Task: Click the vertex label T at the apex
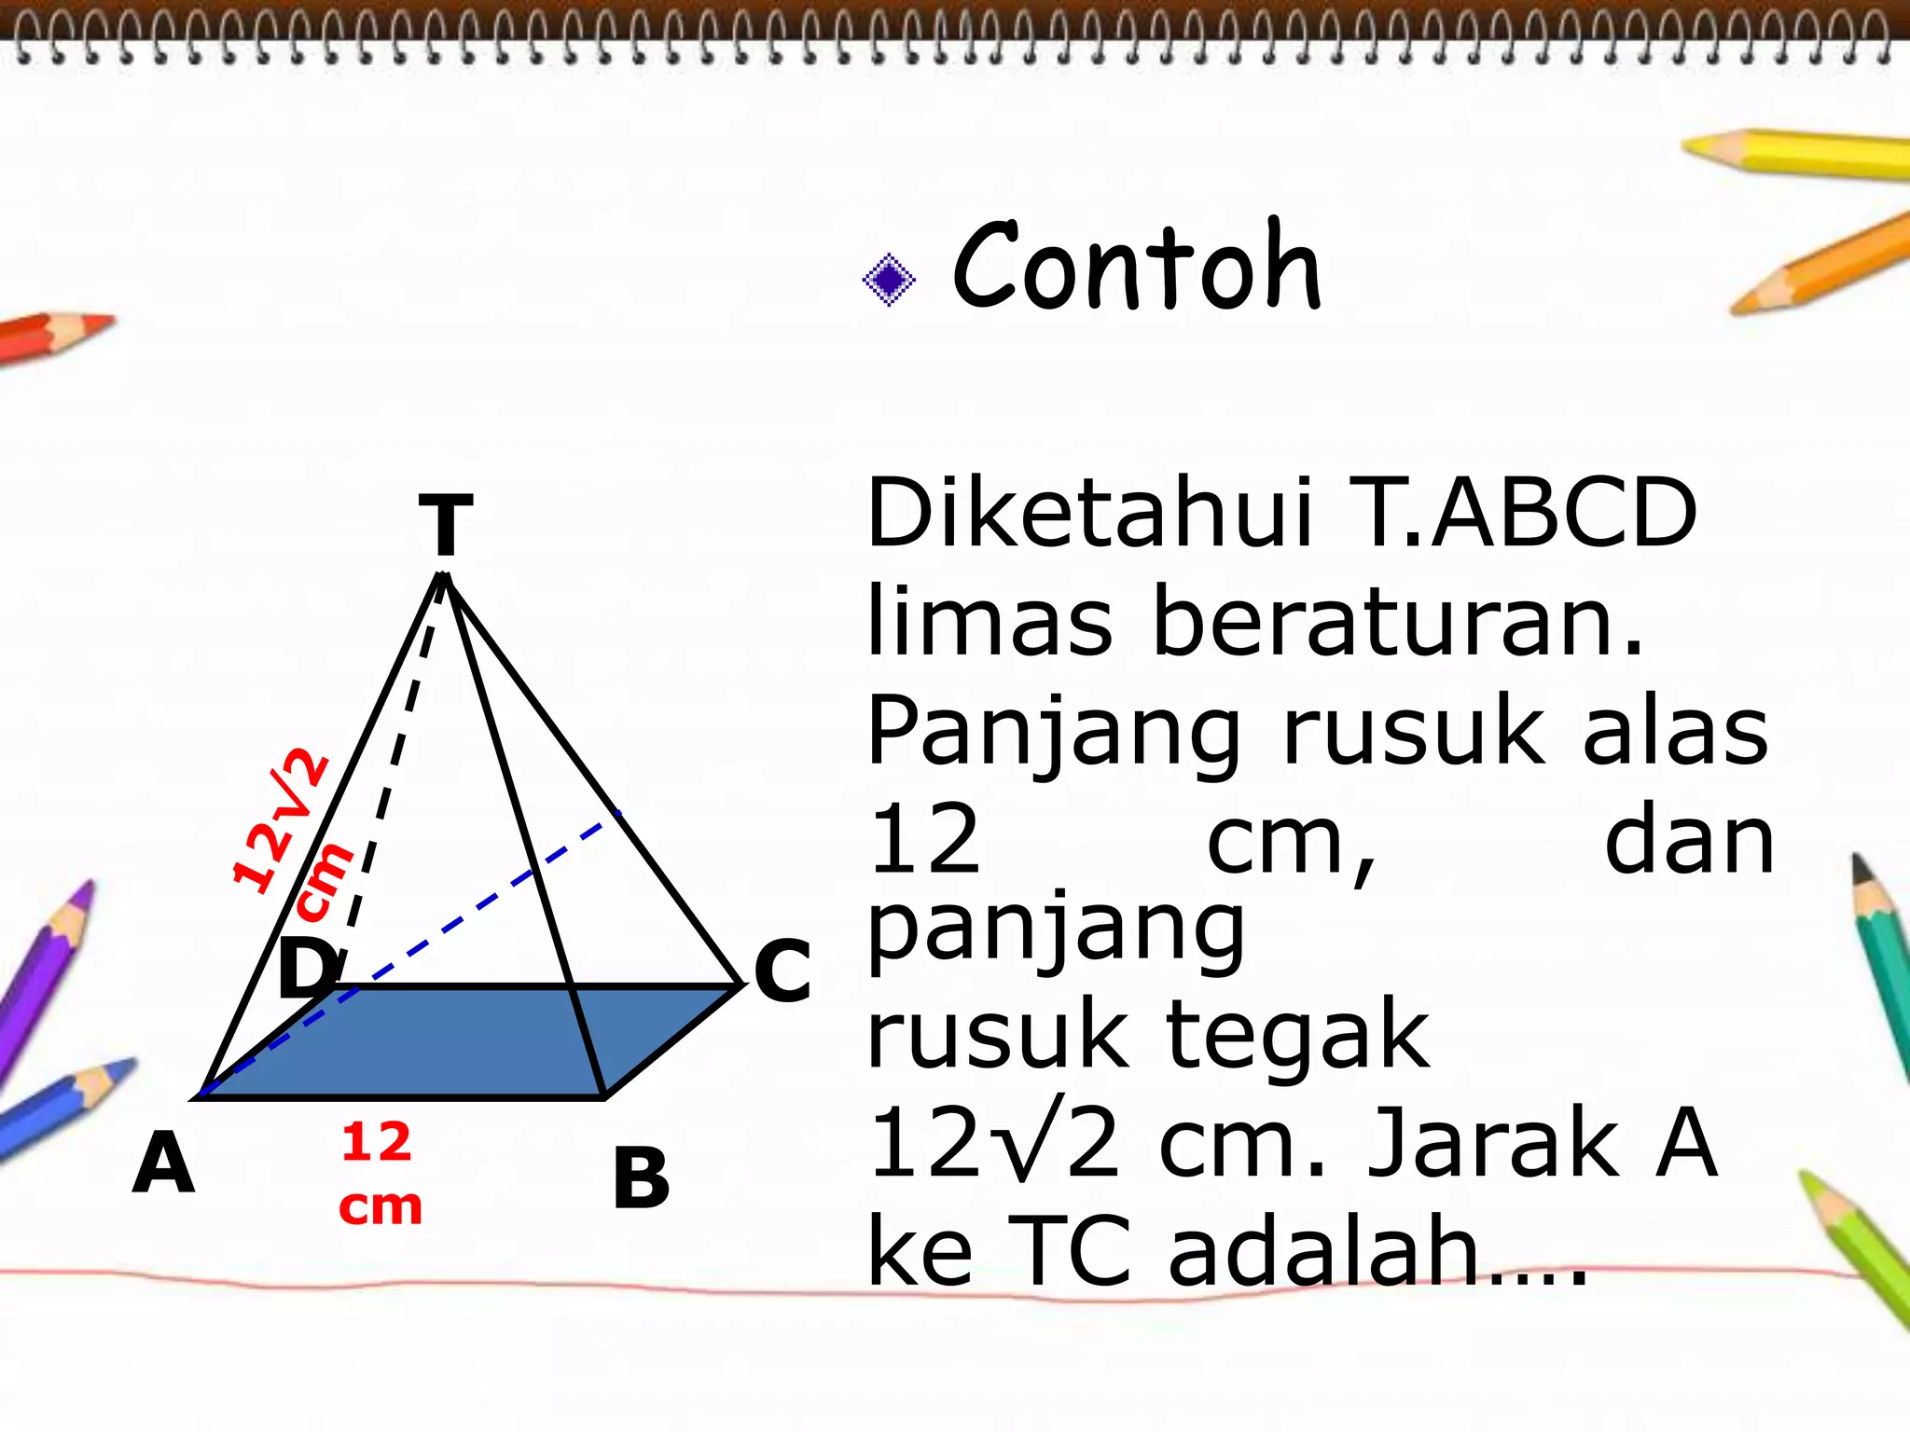coord(446,525)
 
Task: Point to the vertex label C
coord(782,971)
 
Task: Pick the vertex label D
coord(309,967)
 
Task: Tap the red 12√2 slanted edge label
coord(280,820)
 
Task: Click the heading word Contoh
coord(1136,267)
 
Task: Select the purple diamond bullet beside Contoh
coord(889,279)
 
